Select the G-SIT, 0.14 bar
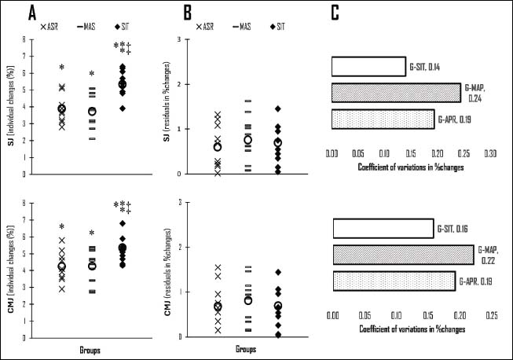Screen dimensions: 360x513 [368, 67]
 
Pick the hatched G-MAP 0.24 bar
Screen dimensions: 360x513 [396, 93]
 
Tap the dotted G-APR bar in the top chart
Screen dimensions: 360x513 [383, 119]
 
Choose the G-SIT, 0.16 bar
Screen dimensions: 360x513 [383, 228]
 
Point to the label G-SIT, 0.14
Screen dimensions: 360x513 [424, 67]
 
